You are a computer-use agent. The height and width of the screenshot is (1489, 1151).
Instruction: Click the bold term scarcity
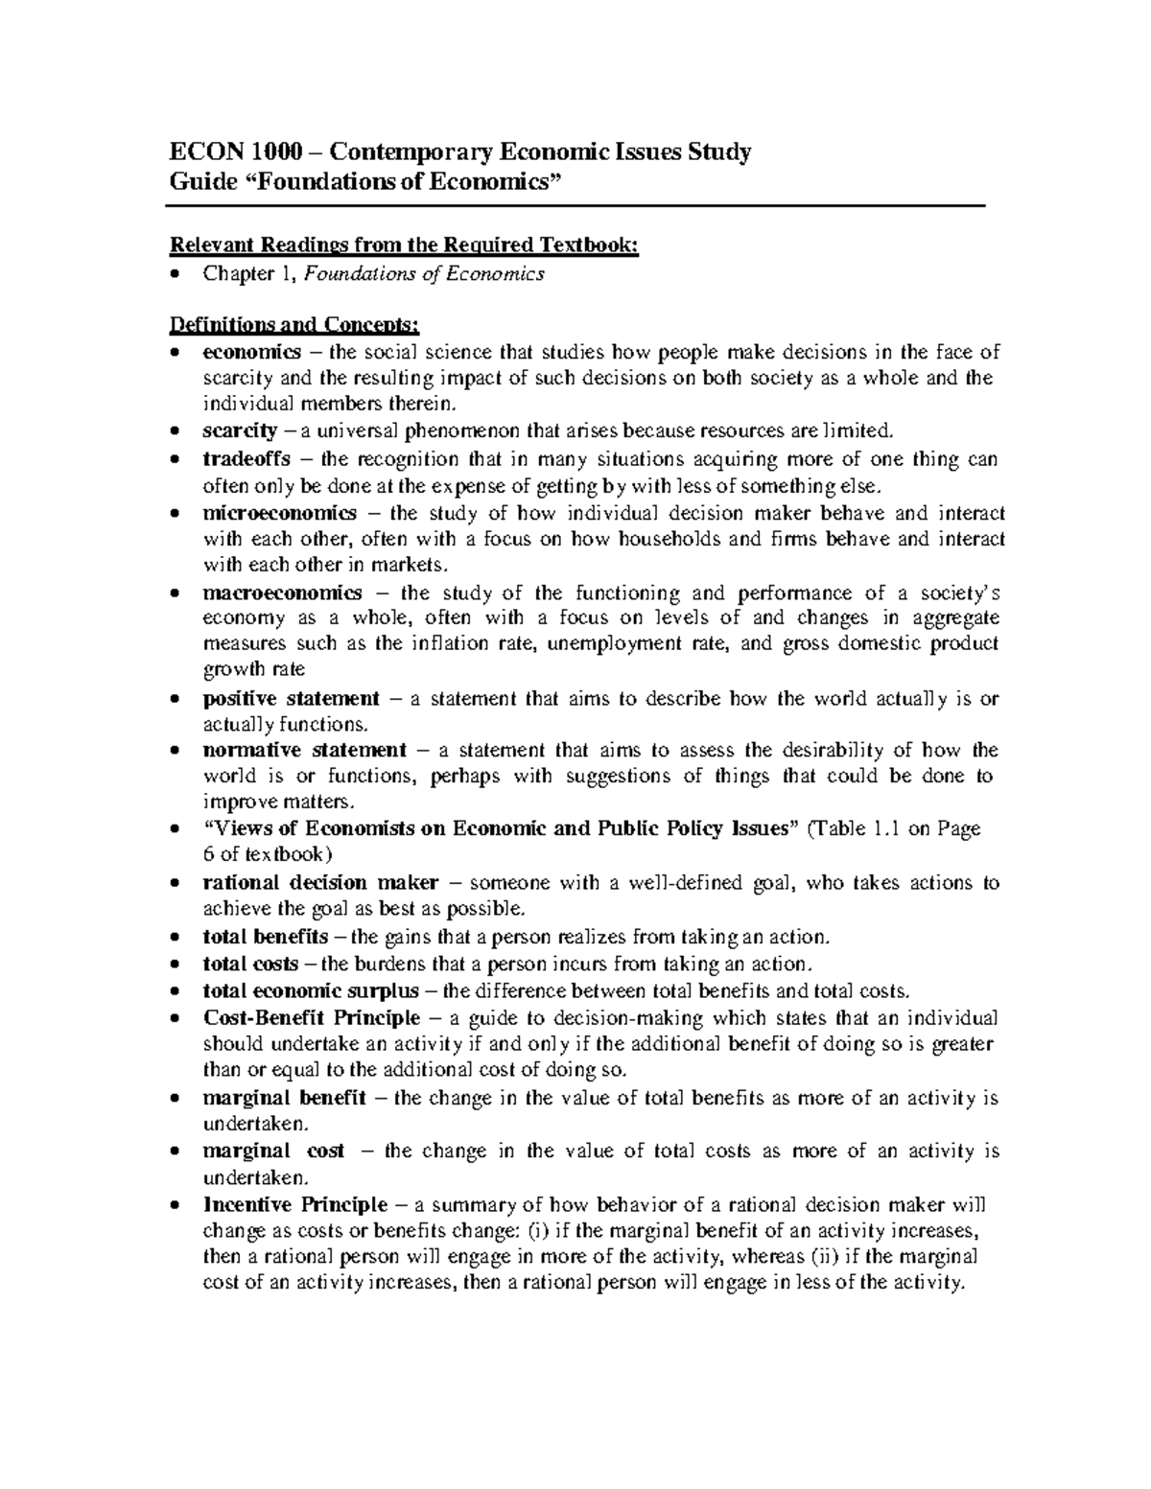(240, 430)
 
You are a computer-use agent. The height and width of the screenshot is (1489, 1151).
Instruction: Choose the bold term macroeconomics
(283, 593)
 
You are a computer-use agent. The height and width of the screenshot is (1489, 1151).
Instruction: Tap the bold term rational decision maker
(321, 882)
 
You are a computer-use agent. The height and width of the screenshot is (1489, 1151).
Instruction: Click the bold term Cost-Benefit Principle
(312, 1017)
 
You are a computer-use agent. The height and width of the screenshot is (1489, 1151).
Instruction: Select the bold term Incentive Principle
(295, 1204)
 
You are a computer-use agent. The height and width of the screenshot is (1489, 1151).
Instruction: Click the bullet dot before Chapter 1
(174, 275)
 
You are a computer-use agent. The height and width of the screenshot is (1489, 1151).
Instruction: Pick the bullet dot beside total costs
(174, 966)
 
